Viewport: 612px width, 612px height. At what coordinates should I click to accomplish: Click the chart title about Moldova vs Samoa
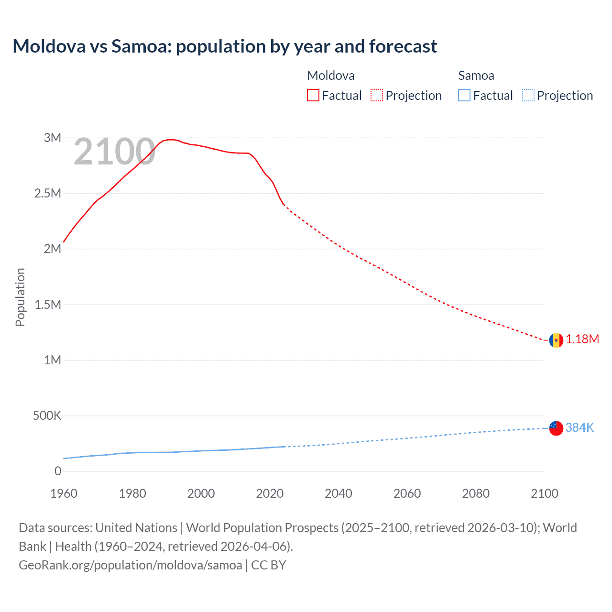point(225,46)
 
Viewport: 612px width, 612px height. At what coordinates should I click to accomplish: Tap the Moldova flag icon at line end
point(556,340)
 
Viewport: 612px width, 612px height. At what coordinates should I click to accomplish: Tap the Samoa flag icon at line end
point(556,428)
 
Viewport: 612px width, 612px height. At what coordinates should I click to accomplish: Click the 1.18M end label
point(582,339)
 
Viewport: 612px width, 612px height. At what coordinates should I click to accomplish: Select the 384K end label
point(579,427)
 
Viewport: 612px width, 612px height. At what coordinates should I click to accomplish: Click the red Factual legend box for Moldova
point(313,95)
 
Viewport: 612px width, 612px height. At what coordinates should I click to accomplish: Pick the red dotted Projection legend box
point(377,95)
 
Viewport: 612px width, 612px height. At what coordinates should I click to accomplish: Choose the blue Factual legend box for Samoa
point(464,95)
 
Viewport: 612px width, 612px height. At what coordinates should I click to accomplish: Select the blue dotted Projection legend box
point(528,95)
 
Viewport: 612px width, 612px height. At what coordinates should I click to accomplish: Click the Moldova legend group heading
point(331,76)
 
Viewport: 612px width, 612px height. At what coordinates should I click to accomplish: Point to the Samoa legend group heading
point(476,76)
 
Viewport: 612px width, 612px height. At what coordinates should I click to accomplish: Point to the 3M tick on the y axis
point(53,138)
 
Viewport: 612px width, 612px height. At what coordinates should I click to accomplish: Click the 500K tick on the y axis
point(47,415)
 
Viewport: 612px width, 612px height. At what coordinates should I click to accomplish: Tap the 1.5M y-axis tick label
point(48,305)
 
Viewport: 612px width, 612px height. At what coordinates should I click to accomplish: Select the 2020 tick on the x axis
point(270,493)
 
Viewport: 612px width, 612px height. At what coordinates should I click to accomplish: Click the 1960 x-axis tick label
point(64,493)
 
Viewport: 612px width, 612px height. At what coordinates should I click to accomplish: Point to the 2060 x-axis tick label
point(407,493)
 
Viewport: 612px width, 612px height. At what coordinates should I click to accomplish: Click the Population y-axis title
point(20,297)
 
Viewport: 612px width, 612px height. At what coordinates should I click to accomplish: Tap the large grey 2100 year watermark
point(114,152)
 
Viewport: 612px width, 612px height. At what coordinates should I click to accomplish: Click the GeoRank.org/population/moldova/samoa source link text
point(130,565)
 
